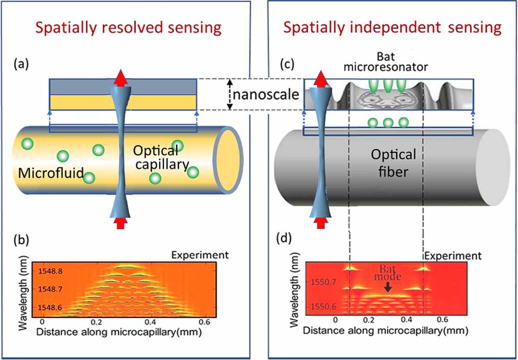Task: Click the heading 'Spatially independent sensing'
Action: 392,27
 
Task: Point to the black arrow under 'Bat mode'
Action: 387,287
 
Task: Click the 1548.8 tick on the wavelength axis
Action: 50,272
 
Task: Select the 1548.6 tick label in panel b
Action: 50,307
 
